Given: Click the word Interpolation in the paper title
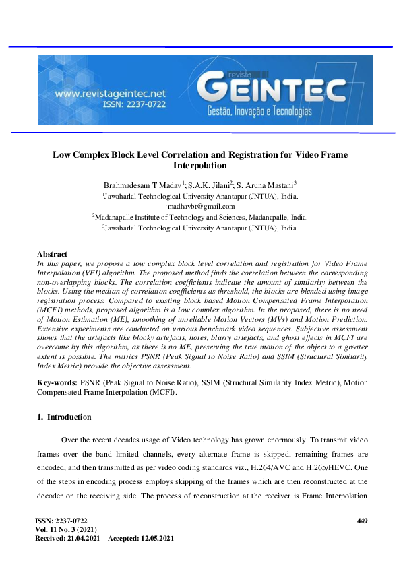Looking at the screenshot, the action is (200, 165).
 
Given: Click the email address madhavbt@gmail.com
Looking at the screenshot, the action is (201, 206).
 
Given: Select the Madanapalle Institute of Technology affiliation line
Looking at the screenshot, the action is (200, 217).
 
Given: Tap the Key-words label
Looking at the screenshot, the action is (57, 382).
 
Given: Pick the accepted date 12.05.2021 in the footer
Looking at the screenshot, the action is (154, 539).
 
